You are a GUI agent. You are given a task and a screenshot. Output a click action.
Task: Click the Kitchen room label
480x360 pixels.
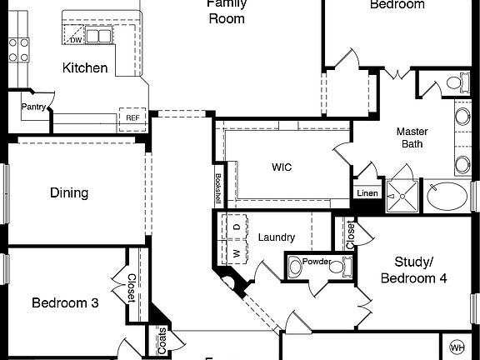85,67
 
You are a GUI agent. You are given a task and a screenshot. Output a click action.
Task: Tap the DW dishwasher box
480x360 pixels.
76,39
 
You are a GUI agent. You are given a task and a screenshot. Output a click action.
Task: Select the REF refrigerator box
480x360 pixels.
132,117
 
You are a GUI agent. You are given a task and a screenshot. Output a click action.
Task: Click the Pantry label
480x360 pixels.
33,106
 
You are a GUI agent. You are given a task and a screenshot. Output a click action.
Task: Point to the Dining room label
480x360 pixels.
69,192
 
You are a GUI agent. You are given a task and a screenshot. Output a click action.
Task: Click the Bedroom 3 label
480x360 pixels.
65,302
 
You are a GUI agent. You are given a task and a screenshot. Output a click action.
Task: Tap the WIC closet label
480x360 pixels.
282,167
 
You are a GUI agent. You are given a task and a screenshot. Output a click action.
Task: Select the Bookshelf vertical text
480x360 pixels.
217,187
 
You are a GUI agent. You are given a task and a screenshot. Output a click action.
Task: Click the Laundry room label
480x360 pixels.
277,237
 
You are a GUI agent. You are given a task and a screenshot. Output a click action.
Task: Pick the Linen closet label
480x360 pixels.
367,193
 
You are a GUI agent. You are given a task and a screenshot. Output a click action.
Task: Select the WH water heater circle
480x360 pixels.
457,347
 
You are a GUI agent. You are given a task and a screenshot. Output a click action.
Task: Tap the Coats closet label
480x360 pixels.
161,340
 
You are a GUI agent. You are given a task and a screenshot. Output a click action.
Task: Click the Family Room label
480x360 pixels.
226,11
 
